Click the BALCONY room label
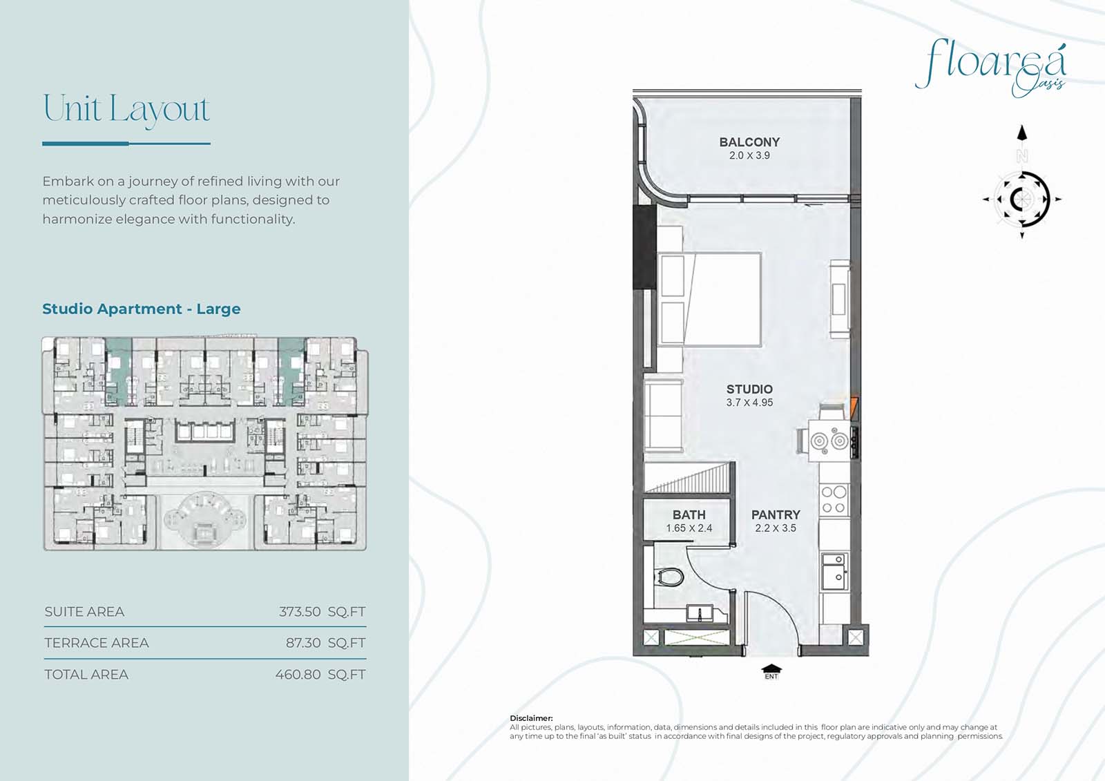click(749, 142)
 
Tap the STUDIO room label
click(749, 389)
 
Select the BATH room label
click(689, 514)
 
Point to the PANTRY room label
click(776, 514)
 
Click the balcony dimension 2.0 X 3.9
click(749, 155)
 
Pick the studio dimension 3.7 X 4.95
click(749, 403)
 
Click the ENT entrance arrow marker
click(771, 672)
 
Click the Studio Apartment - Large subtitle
click(141, 309)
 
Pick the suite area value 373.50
click(300, 612)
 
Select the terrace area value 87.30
click(303, 643)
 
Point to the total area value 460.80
click(298, 675)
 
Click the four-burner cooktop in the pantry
click(834, 500)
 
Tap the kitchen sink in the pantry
click(835, 571)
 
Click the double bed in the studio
click(709, 300)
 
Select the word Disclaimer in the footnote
click(531, 718)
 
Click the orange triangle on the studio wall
click(854, 409)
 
